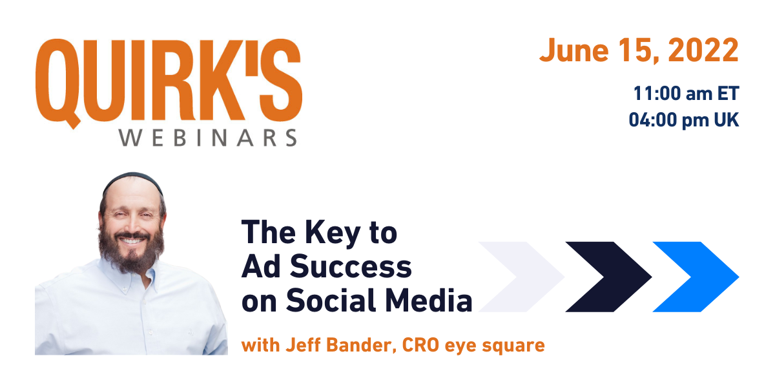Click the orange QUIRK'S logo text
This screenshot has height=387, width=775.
pos(169,83)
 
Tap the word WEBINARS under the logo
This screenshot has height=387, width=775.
pos(208,138)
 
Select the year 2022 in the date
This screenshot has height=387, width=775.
pos(703,50)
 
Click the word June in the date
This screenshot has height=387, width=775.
pos(574,50)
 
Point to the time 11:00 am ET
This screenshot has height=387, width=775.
pos(686,94)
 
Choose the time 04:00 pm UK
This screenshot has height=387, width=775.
pos(684,120)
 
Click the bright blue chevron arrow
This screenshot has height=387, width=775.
pos(696,277)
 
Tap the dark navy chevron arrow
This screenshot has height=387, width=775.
pos(608,277)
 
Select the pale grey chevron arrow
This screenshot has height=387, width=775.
pos(521,277)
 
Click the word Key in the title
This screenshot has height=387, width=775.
pos(333,234)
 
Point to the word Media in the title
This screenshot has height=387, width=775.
pos(429,299)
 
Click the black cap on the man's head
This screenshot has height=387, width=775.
pos(133,181)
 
